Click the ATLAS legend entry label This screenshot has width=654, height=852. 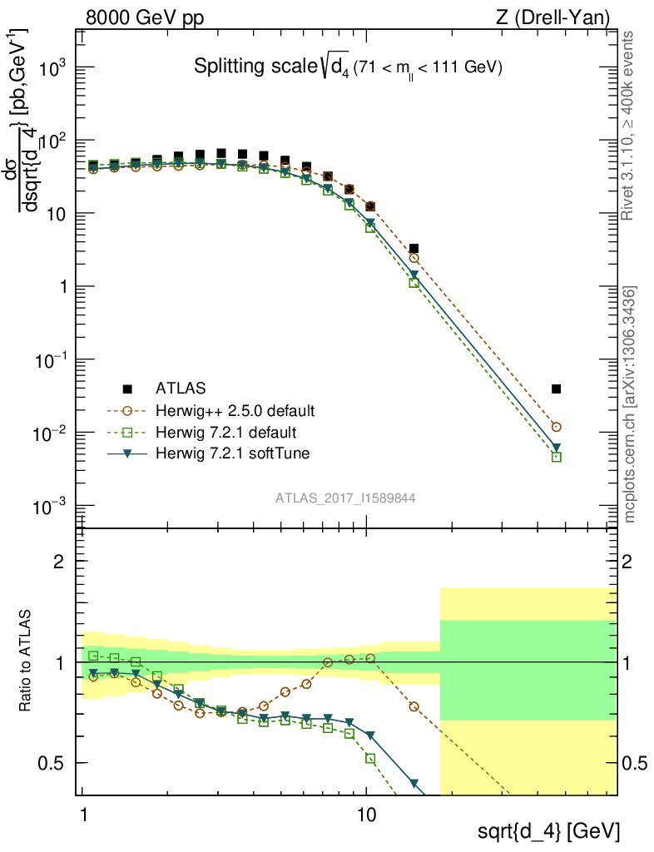(180, 389)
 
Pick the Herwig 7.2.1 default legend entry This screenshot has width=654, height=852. (225, 433)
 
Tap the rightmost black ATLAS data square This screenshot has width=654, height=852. (556, 389)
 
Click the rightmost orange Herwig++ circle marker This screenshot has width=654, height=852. (556, 427)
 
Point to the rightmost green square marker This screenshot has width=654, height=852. (556, 457)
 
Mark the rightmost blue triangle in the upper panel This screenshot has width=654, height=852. (556, 448)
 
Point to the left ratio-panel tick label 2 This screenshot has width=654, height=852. (59, 562)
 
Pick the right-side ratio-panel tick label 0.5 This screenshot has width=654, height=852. (637, 764)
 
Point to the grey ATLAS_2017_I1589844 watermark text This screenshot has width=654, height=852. (345, 498)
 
